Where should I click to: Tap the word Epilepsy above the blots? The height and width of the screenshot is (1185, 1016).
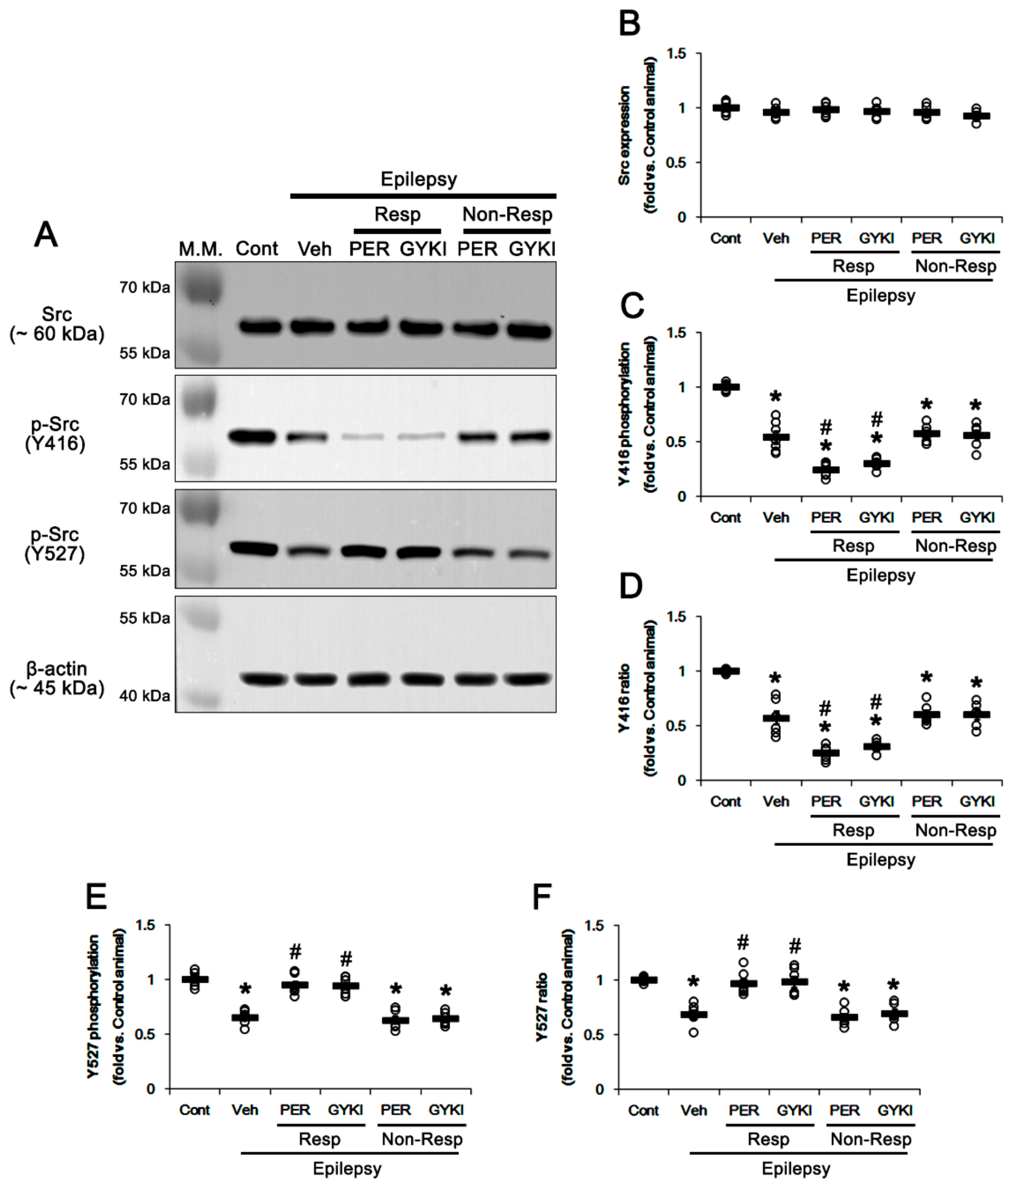[x=419, y=179]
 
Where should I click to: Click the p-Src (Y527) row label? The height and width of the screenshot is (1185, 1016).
[x=55, y=544]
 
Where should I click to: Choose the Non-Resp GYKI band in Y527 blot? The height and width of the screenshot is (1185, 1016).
[x=529, y=554]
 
